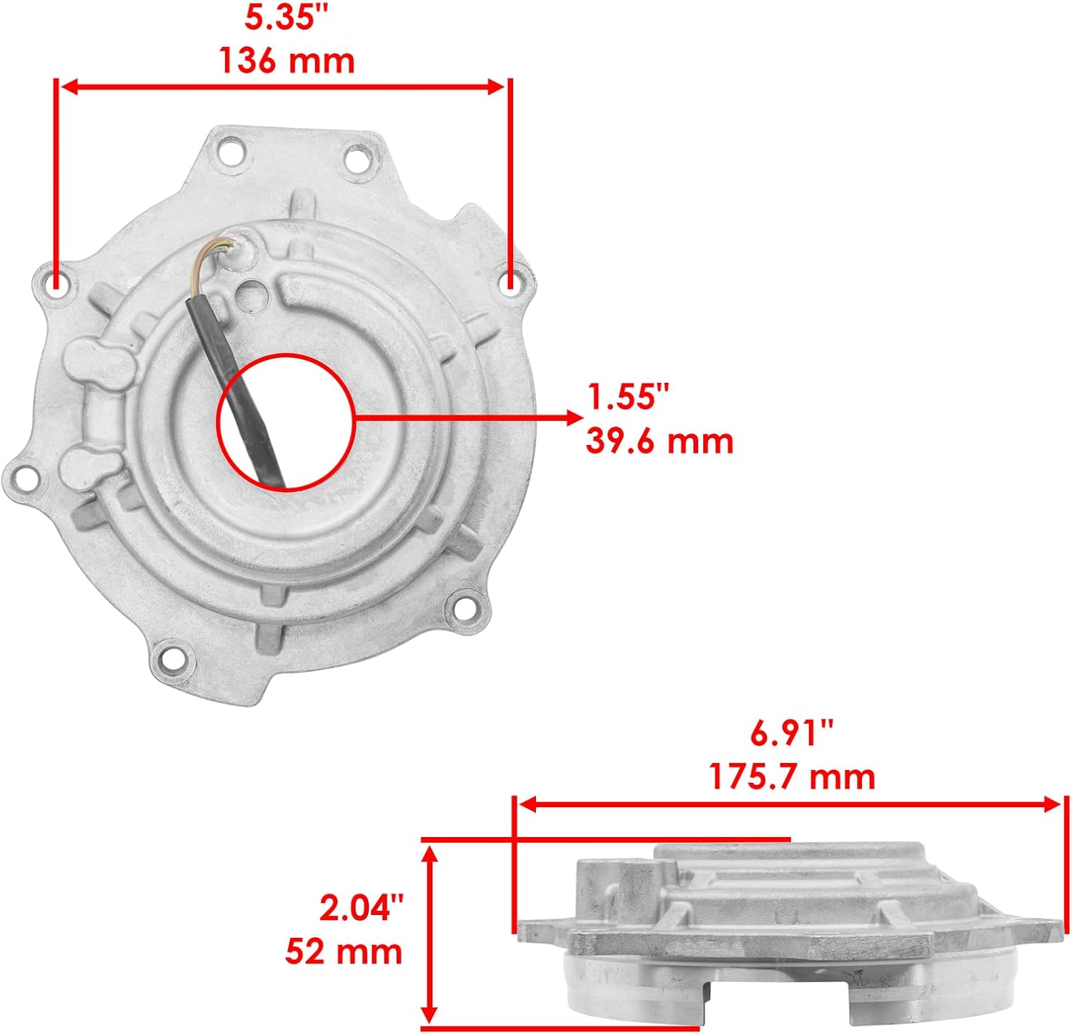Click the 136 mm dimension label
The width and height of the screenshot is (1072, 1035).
point(287,61)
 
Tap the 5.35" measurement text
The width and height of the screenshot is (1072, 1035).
point(279,19)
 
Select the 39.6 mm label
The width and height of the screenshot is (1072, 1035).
point(660,441)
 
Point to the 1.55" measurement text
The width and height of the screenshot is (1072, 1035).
point(627,396)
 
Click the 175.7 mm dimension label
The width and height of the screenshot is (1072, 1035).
point(792,776)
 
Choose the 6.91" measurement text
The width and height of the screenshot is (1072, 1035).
point(792,734)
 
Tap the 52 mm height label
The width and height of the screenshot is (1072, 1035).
point(344,951)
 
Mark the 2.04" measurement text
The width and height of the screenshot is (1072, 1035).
point(361,909)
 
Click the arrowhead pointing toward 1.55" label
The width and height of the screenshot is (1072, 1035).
point(574,417)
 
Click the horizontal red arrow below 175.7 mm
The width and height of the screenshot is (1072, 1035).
point(789,805)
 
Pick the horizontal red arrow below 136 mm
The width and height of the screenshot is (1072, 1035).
point(283,87)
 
